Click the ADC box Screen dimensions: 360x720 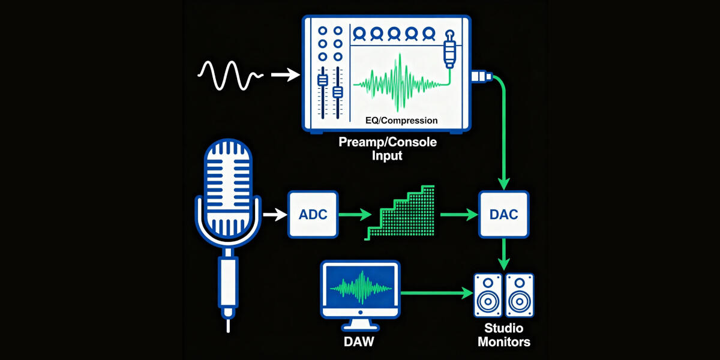click(x=313, y=214)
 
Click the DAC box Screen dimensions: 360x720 click(x=504, y=214)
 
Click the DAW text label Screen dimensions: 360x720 click(x=360, y=342)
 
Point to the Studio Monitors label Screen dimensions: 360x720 click(x=503, y=335)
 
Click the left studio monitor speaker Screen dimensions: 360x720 click(x=488, y=295)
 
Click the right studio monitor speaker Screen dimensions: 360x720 click(x=518, y=295)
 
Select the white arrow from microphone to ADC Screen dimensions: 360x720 click(x=274, y=214)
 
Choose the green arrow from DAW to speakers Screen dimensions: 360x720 click(x=435, y=293)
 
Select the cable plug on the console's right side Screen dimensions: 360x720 click(x=482, y=76)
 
